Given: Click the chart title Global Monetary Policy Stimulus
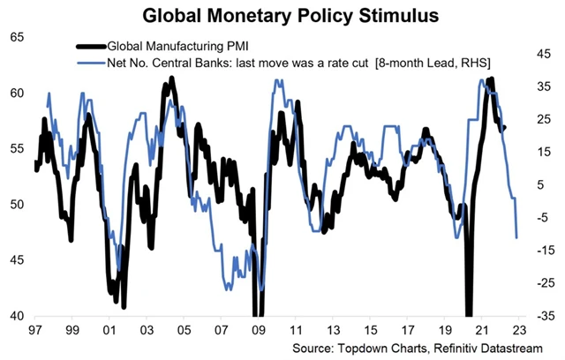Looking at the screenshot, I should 282,15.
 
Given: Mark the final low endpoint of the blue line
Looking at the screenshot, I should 516,237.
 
